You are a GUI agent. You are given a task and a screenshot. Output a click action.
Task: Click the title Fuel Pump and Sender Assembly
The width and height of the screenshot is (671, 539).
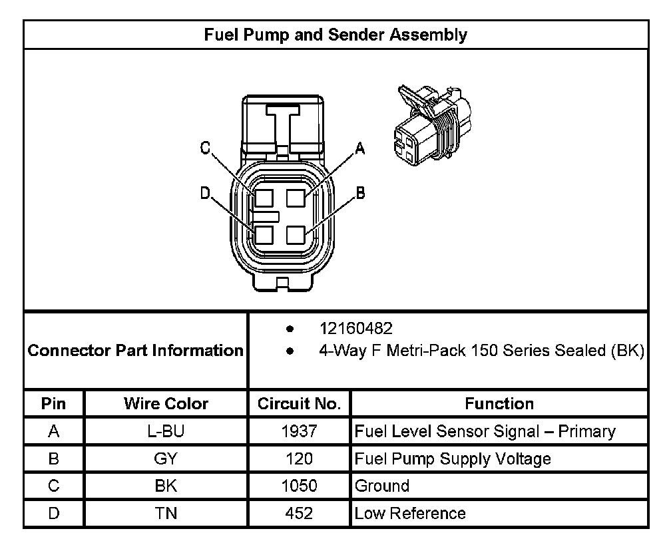[x=335, y=35]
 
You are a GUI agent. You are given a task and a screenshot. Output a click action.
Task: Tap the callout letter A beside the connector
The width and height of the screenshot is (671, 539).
[x=360, y=148]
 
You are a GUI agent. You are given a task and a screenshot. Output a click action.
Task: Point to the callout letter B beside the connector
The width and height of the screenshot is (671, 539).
[x=360, y=193]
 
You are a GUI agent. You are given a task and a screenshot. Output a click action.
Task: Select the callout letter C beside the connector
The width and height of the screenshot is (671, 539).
[x=206, y=148]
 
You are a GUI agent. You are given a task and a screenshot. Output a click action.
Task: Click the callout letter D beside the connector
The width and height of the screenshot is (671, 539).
[x=205, y=193]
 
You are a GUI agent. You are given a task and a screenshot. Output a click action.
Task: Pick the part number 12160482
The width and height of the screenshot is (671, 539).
[x=356, y=329]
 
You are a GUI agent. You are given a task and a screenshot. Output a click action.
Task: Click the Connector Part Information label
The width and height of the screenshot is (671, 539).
[x=136, y=350]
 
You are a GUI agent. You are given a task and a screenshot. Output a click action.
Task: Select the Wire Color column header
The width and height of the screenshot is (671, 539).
[x=166, y=404]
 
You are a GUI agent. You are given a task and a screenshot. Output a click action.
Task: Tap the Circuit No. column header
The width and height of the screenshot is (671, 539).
[x=299, y=404]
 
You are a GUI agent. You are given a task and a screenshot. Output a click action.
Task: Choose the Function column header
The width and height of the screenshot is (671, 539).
[x=499, y=404]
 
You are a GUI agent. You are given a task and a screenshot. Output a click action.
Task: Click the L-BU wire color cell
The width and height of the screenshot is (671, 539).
[x=166, y=432]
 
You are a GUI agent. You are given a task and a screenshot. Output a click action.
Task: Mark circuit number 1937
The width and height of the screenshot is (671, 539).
[x=299, y=432]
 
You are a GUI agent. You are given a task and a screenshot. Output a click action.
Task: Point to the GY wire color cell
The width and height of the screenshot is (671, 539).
[x=166, y=459]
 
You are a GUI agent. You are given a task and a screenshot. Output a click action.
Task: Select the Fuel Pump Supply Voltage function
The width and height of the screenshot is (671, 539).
[x=453, y=459]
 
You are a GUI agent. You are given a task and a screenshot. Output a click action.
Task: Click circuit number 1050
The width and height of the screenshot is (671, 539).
[x=299, y=486]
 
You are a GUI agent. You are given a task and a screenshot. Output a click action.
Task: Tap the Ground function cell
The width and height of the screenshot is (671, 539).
[x=382, y=486]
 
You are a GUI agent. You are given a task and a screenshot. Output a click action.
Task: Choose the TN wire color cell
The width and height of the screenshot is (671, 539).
[x=166, y=514]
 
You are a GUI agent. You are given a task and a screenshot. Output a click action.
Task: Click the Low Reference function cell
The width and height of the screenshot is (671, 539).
[x=410, y=514]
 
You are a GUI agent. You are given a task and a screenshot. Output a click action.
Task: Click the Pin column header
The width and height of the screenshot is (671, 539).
[x=54, y=404]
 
